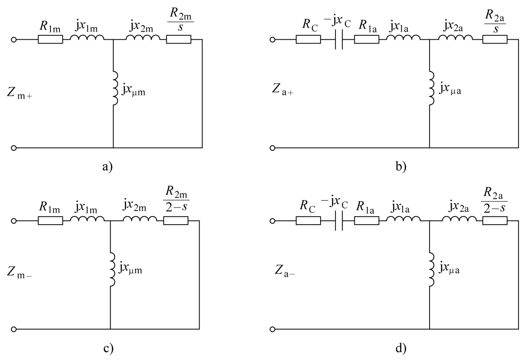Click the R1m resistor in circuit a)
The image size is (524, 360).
click(x=50, y=40)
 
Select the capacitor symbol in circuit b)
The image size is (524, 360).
click(x=339, y=40)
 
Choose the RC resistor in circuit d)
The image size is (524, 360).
click(x=308, y=221)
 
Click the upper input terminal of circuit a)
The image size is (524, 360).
click(x=14, y=40)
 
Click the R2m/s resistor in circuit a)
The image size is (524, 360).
click(x=179, y=40)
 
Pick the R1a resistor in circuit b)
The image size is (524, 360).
click(x=367, y=40)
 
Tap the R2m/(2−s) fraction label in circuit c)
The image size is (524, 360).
click(x=177, y=199)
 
